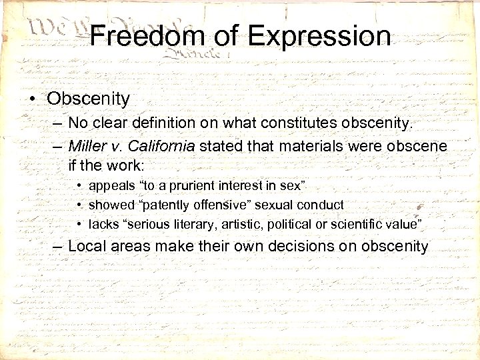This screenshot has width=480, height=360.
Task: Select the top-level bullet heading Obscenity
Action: [x=88, y=99]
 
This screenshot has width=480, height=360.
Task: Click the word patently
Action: [x=159, y=205]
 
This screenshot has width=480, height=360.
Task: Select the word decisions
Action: [x=300, y=246]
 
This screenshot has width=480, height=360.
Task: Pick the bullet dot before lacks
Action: [x=79, y=224]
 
